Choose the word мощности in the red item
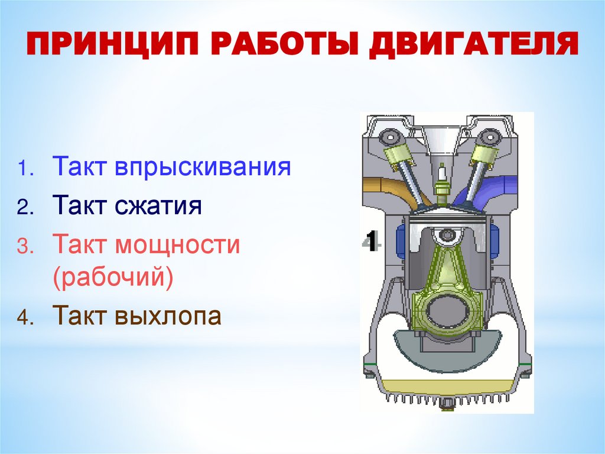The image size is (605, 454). tap(177, 245)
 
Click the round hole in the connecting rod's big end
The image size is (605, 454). tap(447, 309)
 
